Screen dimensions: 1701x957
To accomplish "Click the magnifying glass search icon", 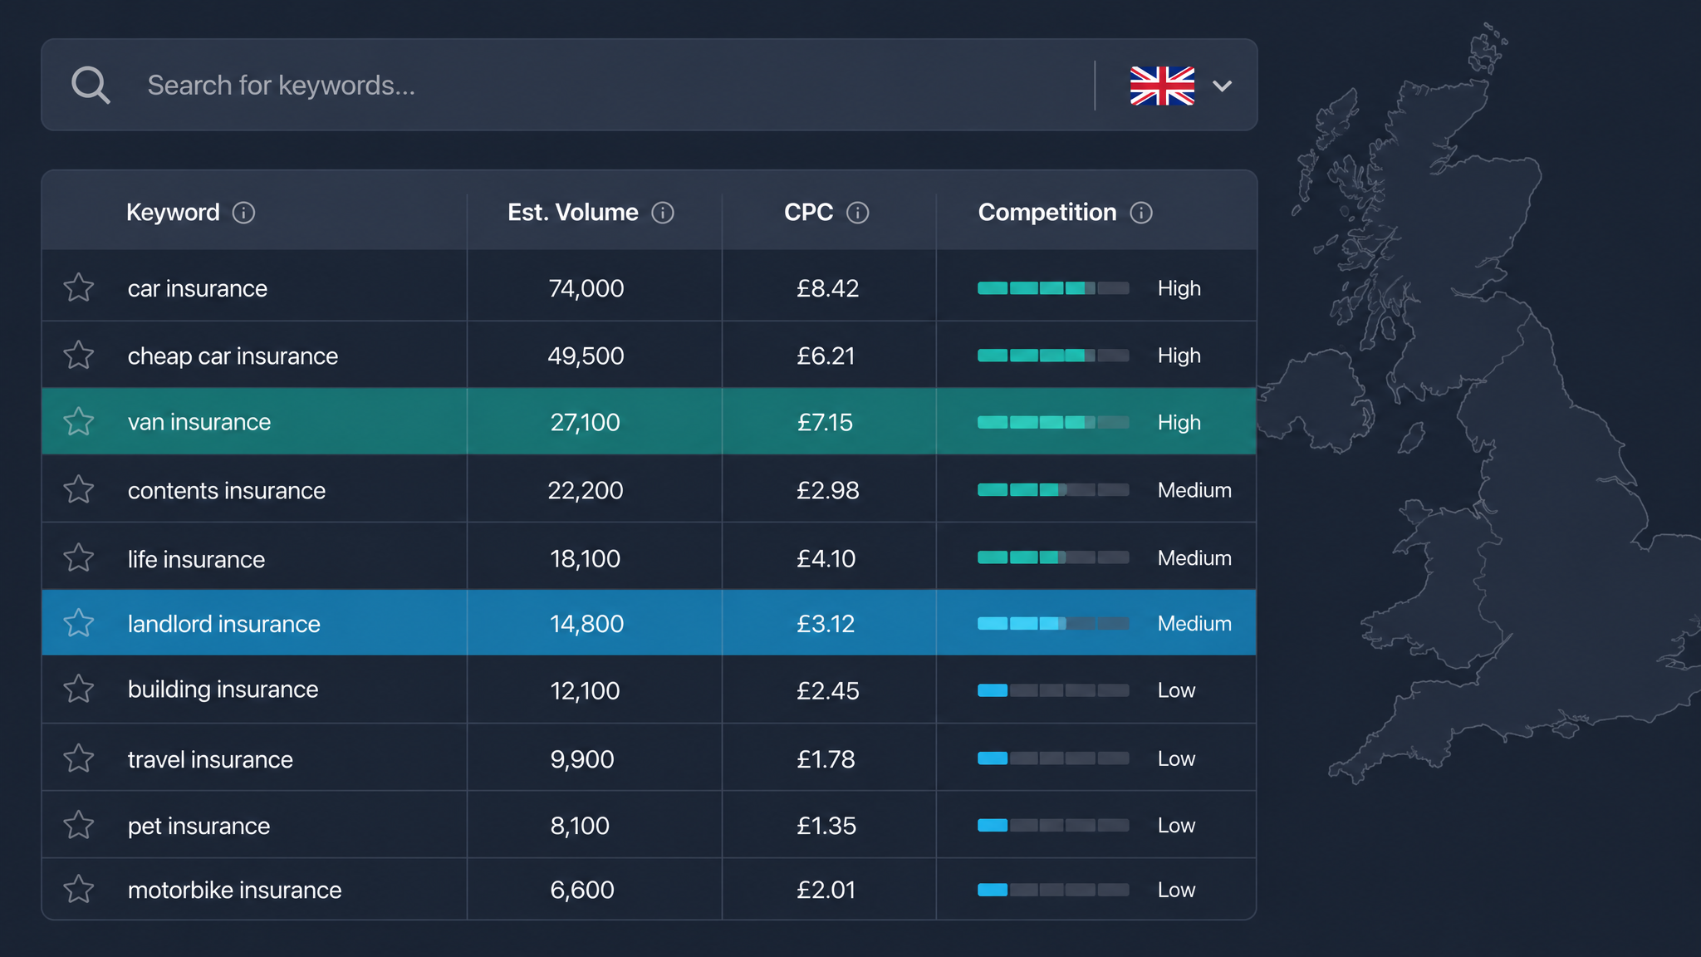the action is pyautogui.click(x=91, y=85).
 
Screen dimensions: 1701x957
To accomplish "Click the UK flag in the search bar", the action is pyautogui.click(x=1162, y=86).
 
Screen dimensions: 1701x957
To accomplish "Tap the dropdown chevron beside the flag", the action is pyautogui.click(x=1222, y=86).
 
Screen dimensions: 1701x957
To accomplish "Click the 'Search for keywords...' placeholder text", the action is pyautogui.click(x=281, y=86).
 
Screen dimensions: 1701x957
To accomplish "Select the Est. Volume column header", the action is pyautogui.click(x=573, y=213).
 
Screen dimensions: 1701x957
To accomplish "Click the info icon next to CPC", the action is pyautogui.click(x=857, y=213).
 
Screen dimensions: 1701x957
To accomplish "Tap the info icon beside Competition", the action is pyautogui.click(x=1141, y=213).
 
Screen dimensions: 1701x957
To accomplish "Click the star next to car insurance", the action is pyautogui.click(x=79, y=287).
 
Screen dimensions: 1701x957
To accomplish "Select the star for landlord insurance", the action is pyautogui.click(x=79, y=622).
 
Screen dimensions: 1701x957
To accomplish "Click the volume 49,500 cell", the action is pyautogui.click(x=586, y=356).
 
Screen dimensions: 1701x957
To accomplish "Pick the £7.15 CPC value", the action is pyautogui.click(x=825, y=422).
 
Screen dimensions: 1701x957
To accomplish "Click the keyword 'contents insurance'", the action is pyautogui.click(x=227, y=490).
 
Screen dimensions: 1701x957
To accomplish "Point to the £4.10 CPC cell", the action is pyautogui.click(x=826, y=558).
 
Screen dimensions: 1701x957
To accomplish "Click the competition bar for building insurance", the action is pyautogui.click(x=1053, y=690).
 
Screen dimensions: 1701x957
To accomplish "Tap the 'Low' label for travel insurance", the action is pyautogui.click(x=1176, y=758).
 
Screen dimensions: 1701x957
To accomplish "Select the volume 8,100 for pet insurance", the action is pyautogui.click(x=580, y=826).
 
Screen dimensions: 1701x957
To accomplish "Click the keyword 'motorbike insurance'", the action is pyautogui.click(x=234, y=890).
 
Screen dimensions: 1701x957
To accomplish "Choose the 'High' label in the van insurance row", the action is pyautogui.click(x=1179, y=422).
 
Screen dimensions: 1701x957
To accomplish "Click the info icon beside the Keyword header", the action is pyautogui.click(x=243, y=213).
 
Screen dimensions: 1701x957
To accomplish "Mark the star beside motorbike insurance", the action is pyautogui.click(x=79, y=889).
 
